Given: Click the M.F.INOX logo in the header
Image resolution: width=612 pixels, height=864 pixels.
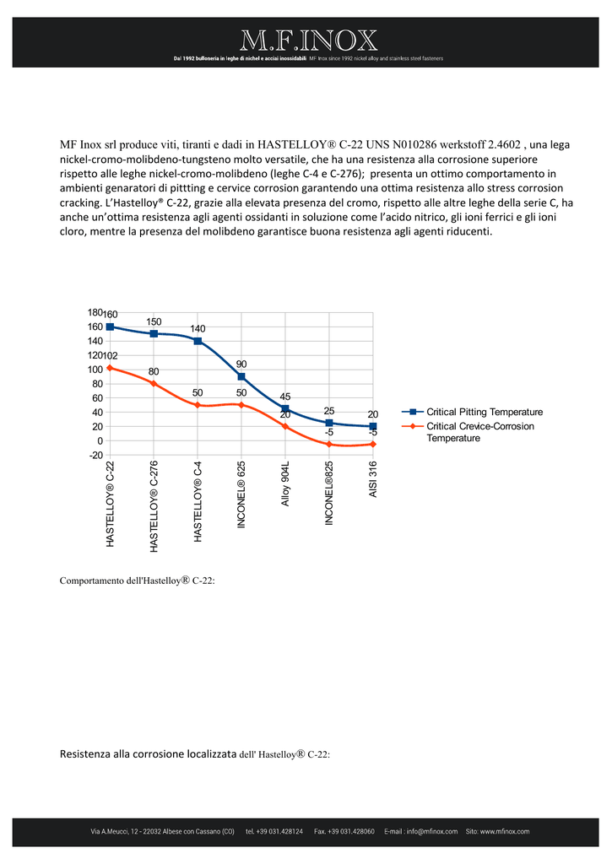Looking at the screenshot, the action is tap(308, 40).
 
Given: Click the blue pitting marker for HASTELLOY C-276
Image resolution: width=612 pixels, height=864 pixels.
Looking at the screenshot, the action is tap(154, 333).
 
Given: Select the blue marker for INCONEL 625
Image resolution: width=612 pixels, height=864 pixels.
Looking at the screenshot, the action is tap(241, 376).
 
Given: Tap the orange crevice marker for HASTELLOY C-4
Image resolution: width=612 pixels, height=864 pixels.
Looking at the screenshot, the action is tap(198, 405).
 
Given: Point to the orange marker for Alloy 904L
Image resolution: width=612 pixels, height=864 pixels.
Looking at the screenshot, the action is tap(285, 426).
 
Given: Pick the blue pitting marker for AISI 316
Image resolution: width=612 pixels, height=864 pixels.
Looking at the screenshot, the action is tap(373, 426).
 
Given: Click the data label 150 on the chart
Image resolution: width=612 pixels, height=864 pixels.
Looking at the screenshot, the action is tap(154, 321).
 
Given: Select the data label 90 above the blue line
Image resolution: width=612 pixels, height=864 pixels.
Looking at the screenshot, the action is tap(241, 364).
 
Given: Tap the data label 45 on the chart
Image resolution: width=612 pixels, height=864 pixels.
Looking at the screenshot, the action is tap(285, 397).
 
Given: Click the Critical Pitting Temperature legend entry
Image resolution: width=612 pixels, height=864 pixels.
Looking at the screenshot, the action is tap(473, 412).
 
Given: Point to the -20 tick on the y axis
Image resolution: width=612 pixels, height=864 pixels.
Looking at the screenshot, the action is tap(96, 455).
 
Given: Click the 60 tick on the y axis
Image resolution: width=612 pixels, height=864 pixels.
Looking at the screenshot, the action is tap(98, 398).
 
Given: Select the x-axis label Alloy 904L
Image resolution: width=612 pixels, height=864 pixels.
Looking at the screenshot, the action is tap(285, 483).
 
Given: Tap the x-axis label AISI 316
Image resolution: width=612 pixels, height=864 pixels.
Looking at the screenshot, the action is tap(373, 479).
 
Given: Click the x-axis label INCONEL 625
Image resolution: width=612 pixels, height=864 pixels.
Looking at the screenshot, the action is tap(241, 494).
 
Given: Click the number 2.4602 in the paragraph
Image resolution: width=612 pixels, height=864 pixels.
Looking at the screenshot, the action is tap(505, 145).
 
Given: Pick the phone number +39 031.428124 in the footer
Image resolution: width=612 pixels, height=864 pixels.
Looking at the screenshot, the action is tap(274, 831).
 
